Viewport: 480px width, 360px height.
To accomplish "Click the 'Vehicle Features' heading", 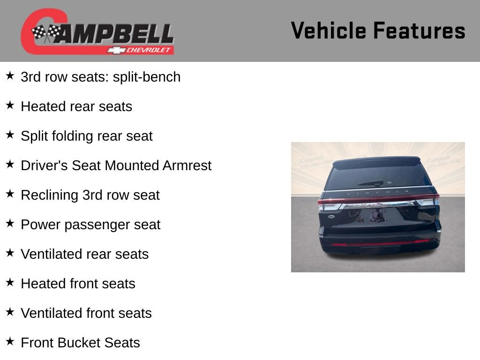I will (x=378, y=31).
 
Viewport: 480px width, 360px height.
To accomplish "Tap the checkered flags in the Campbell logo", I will (x=46, y=33).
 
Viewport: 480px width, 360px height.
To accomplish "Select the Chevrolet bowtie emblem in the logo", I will (x=114, y=50).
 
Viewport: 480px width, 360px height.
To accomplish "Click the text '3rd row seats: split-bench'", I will (x=100, y=77).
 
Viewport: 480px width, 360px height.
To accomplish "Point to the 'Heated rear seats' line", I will (x=76, y=106).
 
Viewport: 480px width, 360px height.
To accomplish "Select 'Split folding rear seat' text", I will (x=87, y=136).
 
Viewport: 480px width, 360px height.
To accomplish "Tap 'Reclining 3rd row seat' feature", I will (x=90, y=195).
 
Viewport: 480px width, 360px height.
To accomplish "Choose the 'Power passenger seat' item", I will (x=90, y=225).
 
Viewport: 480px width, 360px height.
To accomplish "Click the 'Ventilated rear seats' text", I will (x=84, y=254).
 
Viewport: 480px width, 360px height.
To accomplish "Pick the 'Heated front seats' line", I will (x=78, y=284).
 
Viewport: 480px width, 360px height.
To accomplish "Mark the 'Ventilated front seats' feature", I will (x=86, y=313).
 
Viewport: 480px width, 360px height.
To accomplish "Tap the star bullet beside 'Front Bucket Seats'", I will (x=10, y=340).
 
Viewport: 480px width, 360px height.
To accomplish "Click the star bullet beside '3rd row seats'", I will (x=10, y=75).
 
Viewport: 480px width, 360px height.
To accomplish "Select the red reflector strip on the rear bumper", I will (x=380, y=243).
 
